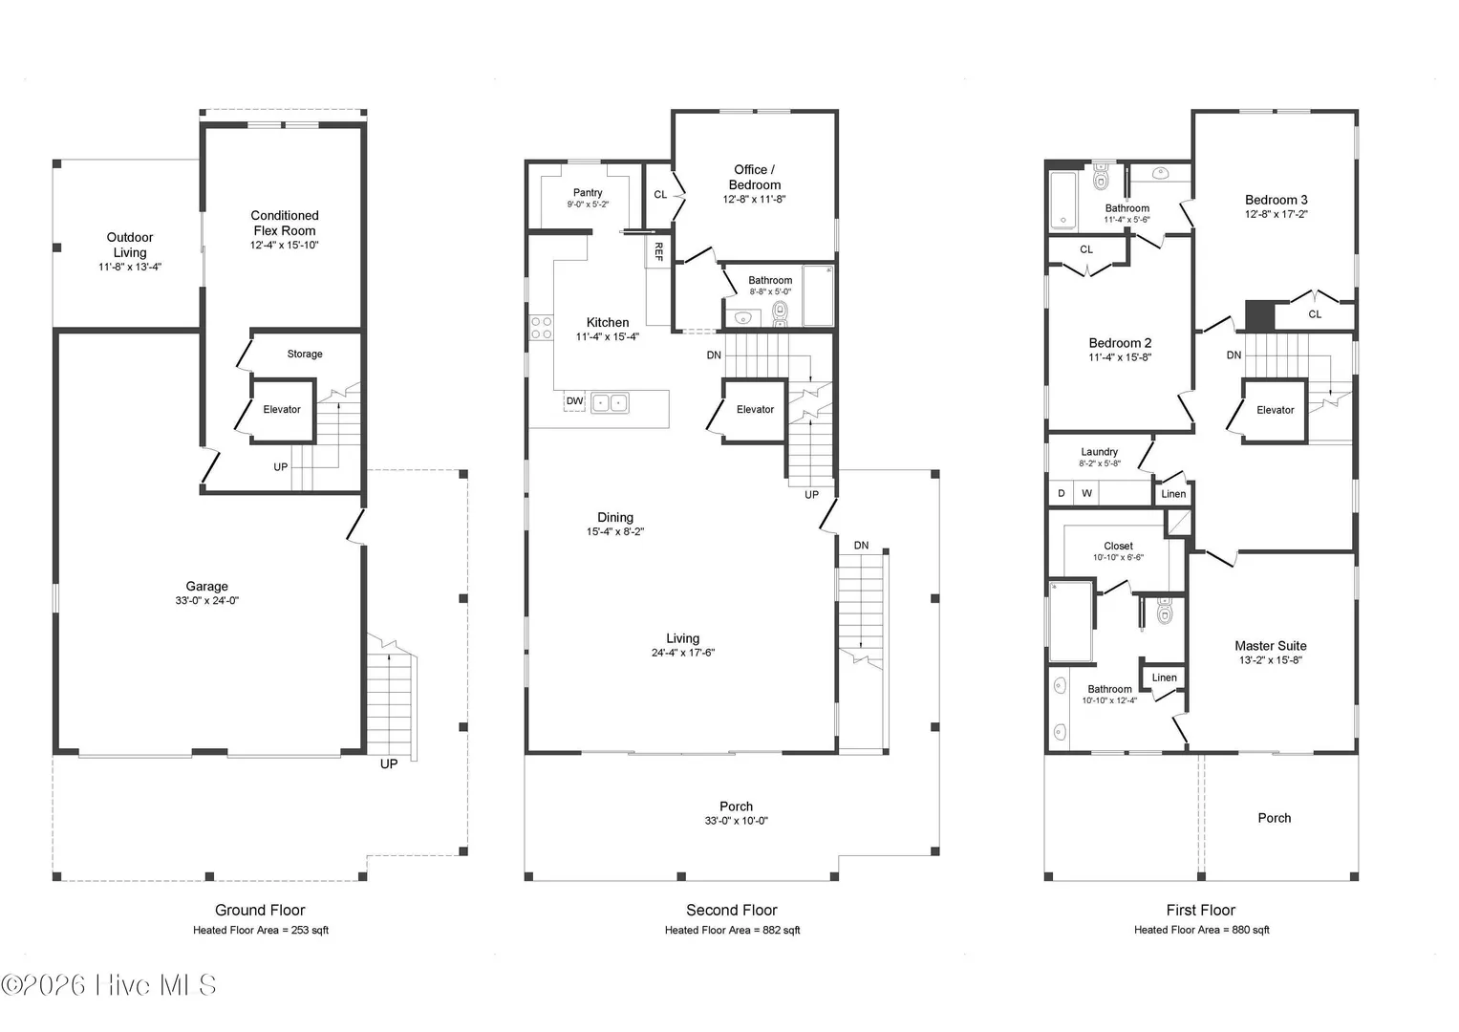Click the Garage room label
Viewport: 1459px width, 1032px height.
click(207, 587)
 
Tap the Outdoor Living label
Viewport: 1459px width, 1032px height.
click(130, 245)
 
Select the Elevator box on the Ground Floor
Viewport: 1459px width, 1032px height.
click(284, 411)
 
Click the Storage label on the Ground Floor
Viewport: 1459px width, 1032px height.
click(305, 354)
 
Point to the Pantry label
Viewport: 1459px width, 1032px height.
click(588, 193)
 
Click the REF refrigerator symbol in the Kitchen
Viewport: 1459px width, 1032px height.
click(658, 251)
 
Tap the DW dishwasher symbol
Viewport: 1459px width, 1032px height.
click(574, 401)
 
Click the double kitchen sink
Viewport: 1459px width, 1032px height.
click(610, 403)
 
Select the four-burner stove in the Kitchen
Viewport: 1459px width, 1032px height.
click(541, 328)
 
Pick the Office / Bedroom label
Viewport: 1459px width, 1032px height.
click(754, 177)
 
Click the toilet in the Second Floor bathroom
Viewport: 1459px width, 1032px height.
click(781, 313)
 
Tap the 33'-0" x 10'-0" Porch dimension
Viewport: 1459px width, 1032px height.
click(736, 821)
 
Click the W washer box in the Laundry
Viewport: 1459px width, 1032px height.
click(1086, 493)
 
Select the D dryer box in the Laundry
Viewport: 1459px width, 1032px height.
click(1061, 493)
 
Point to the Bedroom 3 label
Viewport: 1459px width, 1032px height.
click(1276, 200)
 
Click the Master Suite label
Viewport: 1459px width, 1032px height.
click(1271, 646)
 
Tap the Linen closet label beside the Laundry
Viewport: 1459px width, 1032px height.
click(1173, 494)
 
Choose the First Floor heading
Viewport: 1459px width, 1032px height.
click(1200, 910)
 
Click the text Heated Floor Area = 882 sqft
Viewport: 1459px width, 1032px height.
click(732, 931)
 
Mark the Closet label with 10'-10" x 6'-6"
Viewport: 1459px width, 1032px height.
click(1118, 546)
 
